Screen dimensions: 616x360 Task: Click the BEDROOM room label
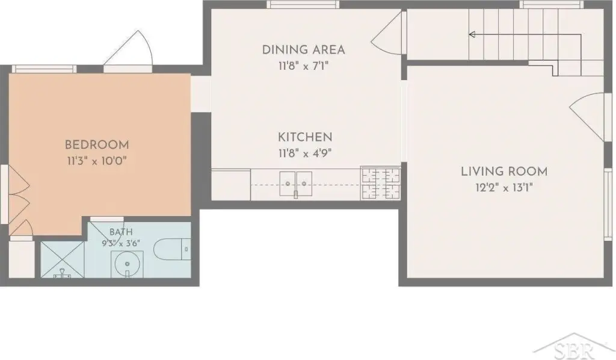point(97,144)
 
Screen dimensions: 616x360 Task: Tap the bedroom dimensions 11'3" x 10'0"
point(97,161)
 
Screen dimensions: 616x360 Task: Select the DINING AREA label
point(303,50)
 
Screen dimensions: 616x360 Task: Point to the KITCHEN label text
point(305,137)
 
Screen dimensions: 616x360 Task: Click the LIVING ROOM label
point(504,172)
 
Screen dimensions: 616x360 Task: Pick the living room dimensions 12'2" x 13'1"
point(504,187)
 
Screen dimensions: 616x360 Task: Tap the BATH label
point(121,232)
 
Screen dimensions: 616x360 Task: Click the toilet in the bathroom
point(172,249)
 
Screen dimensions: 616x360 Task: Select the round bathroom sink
point(127,264)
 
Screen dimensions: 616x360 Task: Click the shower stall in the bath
point(63,260)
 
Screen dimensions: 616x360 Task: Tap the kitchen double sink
point(296,184)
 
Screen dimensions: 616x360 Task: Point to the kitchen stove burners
point(381,183)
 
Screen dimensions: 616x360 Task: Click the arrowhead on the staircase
point(472,34)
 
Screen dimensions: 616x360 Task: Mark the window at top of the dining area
point(303,4)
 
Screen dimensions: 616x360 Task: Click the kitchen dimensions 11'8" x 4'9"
point(305,154)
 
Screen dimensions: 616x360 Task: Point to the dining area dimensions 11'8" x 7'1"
point(303,66)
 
